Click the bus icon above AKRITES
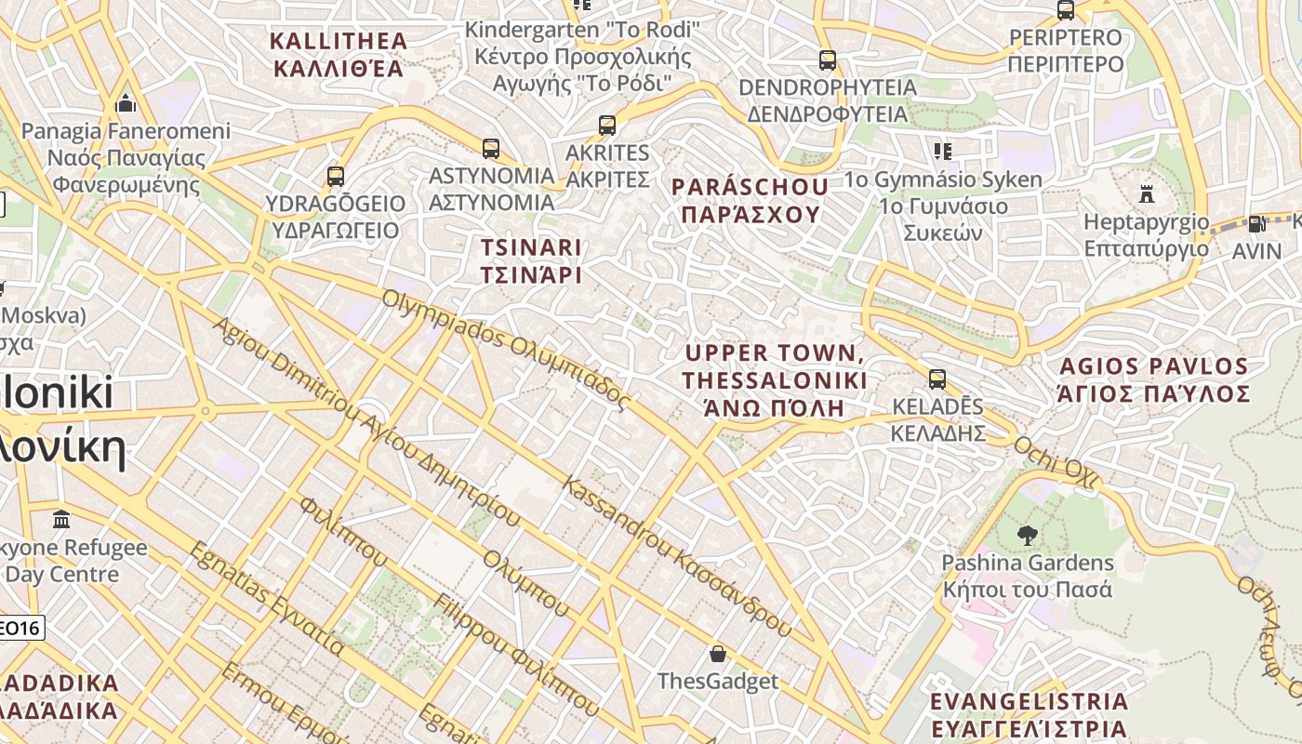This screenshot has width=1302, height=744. [x=607, y=125]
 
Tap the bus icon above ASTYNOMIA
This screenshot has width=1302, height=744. [x=491, y=148]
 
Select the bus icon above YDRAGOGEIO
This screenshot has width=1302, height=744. [x=336, y=176]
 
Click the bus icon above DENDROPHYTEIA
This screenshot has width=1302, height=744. [x=827, y=60]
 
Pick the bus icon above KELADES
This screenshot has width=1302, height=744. [x=937, y=379]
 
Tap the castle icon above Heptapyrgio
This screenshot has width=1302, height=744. [x=1147, y=194]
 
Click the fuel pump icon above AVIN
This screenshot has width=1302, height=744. [x=1256, y=223]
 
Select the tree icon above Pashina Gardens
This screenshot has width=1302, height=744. [x=1027, y=535]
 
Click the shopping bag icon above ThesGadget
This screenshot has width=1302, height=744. [x=717, y=654]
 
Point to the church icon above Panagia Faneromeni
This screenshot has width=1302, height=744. [x=126, y=102]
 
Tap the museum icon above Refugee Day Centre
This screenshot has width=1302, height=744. [x=62, y=518]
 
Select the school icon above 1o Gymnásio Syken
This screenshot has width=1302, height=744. [x=943, y=151]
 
